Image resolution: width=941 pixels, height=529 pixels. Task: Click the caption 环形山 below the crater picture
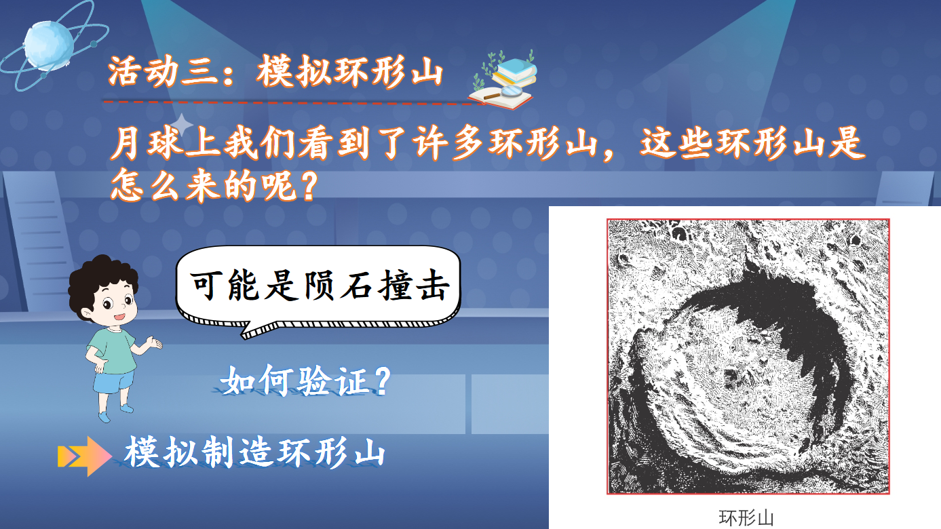point(746,517)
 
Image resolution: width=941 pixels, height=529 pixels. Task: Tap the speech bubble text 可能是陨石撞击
point(320,286)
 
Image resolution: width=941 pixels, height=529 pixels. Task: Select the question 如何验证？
point(306,380)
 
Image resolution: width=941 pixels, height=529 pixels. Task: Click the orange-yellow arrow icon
point(84,456)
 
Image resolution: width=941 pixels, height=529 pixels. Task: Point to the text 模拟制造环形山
point(255,452)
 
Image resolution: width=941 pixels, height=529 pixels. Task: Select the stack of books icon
point(515,72)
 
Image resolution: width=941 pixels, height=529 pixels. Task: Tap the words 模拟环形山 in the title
point(349,71)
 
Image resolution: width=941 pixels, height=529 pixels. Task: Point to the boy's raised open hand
point(153,342)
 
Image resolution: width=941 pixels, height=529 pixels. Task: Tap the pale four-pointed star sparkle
point(182,124)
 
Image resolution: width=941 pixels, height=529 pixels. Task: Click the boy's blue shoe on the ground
point(104,416)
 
